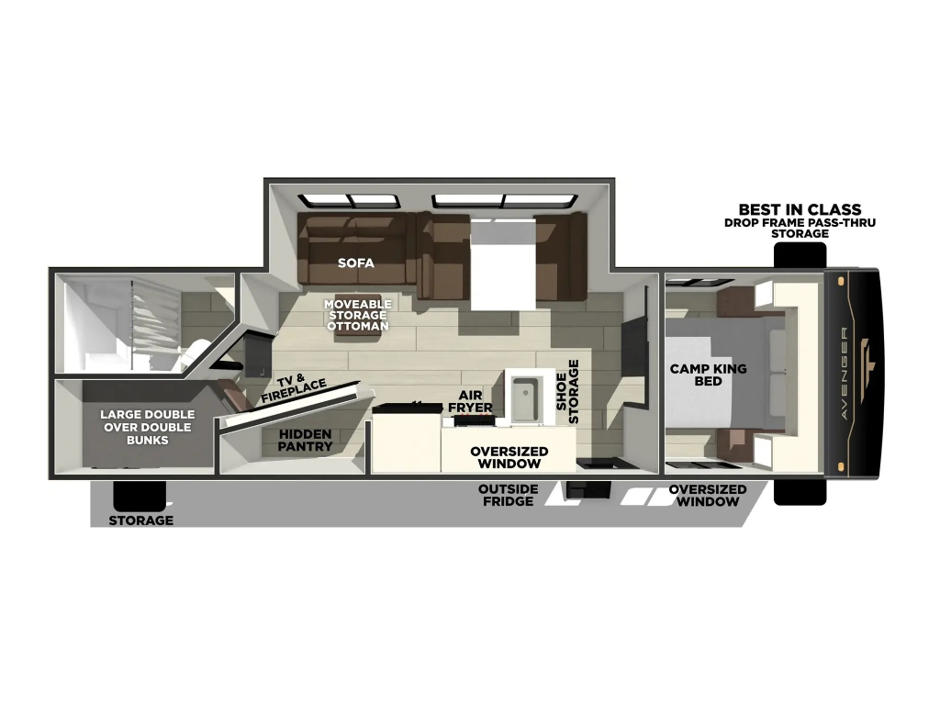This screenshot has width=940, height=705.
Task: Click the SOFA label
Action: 355,263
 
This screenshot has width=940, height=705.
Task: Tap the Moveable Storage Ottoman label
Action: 357,315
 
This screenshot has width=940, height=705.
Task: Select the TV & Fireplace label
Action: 293,389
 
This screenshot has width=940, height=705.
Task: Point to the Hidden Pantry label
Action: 305,440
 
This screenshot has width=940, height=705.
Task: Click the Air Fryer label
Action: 470,401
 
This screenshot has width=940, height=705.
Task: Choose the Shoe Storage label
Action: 567,391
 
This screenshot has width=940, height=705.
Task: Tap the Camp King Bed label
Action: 708,375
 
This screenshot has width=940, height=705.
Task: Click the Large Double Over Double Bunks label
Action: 148,427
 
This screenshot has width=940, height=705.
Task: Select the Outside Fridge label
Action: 508,495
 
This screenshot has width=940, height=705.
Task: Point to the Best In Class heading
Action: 800,209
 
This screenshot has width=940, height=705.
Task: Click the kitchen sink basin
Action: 524,398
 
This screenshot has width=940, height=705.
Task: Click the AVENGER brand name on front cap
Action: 845,373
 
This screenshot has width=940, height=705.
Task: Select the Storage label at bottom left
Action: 140,520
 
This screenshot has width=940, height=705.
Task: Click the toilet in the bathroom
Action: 196,352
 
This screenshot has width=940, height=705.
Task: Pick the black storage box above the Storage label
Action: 140,496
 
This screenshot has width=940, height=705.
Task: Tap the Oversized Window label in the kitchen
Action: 509,457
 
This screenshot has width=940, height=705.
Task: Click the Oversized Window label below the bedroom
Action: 708,495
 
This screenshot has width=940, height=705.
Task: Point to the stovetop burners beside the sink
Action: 475,420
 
